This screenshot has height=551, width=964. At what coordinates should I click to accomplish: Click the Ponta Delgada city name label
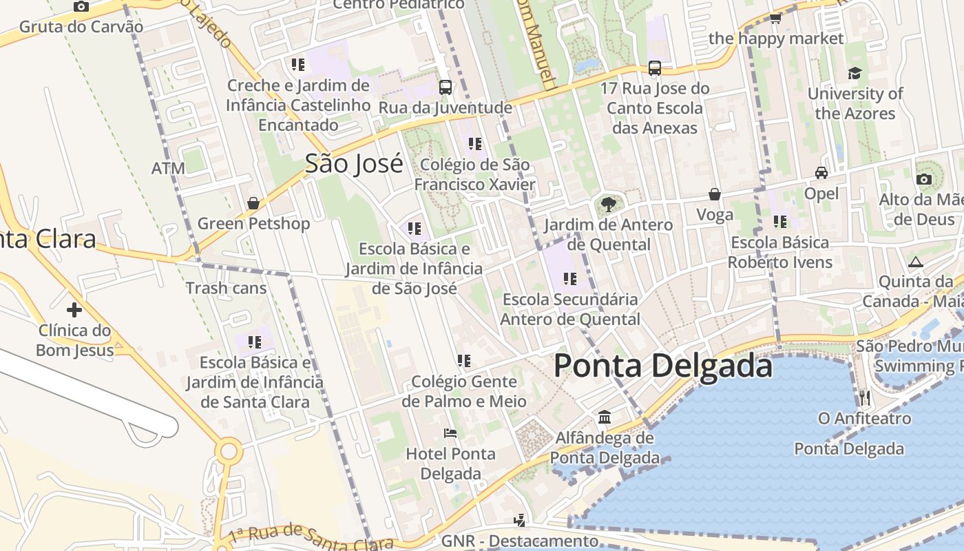pyautogui.click(x=663, y=366)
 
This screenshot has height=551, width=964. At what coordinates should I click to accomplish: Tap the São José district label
pyautogui.click(x=354, y=164)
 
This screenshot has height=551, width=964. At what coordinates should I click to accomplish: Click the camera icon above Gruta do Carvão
pyautogui.click(x=81, y=7)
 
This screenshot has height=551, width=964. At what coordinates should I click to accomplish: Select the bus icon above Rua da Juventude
pyautogui.click(x=446, y=87)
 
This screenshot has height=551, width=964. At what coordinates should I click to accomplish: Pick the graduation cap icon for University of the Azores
pyautogui.click(x=855, y=73)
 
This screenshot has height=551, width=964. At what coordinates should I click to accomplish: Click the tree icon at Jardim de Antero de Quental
pyautogui.click(x=608, y=204)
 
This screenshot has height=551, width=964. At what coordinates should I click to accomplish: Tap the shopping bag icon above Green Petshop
pyautogui.click(x=253, y=203)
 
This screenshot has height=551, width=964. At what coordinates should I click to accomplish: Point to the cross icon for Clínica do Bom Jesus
pyautogui.click(x=74, y=310)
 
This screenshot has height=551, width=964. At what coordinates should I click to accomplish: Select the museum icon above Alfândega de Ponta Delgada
pyautogui.click(x=605, y=417)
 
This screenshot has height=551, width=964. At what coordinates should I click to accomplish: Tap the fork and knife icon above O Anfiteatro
pyautogui.click(x=865, y=397)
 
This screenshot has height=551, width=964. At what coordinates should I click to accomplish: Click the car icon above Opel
pyautogui.click(x=821, y=173)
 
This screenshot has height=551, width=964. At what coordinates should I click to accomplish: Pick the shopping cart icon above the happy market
pyautogui.click(x=775, y=19)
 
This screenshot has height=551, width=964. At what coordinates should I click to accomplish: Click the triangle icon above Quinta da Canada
pyautogui.click(x=915, y=262)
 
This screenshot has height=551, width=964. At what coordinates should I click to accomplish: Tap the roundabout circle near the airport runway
pyautogui.click(x=229, y=453)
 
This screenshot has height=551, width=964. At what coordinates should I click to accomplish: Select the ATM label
pyautogui.click(x=169, y=169)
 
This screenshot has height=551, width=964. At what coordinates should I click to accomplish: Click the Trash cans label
pyautogui.click(x=226, y=288)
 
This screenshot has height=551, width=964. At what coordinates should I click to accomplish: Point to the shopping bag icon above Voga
pyautogui.click(x=715, y=195)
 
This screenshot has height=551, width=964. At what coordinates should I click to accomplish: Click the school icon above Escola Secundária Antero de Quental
pyautogui.click(x=569, y=279)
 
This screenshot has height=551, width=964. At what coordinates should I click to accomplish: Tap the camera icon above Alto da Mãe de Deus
pyautogui.click(x=924, y=180)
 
